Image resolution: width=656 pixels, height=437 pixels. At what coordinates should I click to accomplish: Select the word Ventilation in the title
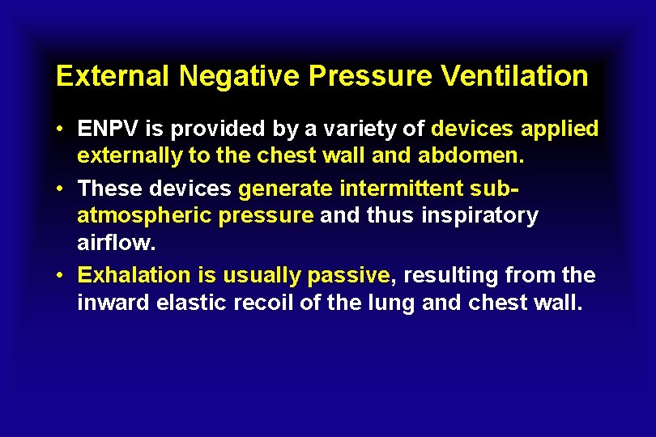point(515,77)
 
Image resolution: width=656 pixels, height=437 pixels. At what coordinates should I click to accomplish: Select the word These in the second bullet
point(107,189)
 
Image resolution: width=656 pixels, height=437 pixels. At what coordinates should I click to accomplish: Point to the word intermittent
point(401,189)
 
